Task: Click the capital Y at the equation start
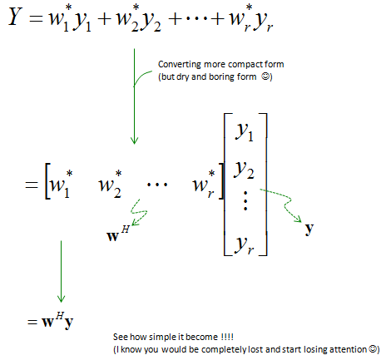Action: pyautogui.click(x=16, y=17)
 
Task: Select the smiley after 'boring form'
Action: pyautogui.click(x=265, y=76)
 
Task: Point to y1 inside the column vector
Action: pyautogui.click(x=245, y=132)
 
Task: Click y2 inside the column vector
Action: pyautogui.click(x=244, y=170)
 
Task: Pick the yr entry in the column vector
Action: pyautogui.click(x=244, y=245)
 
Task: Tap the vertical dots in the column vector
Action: pyautogui.click(x=245, y=200)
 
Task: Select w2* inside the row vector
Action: pyautogui.click(x=111, y=184)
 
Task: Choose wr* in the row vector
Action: pyautogui.click(x=204, y=184)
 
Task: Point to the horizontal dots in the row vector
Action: pyautogui.click(x=157, y=185)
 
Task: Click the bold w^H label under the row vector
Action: pyautogui.click(x=118, y=234)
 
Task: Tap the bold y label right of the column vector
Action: pyautogui.click(x=309, y=229)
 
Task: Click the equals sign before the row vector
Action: pyautogui.click(x=32, y=185)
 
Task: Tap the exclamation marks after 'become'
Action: pyautogui.click(x=227, y=337)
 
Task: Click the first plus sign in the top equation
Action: pyautogui.click(x=105, y=19)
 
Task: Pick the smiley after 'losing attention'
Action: pyautogui.click(x=374, y=348)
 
